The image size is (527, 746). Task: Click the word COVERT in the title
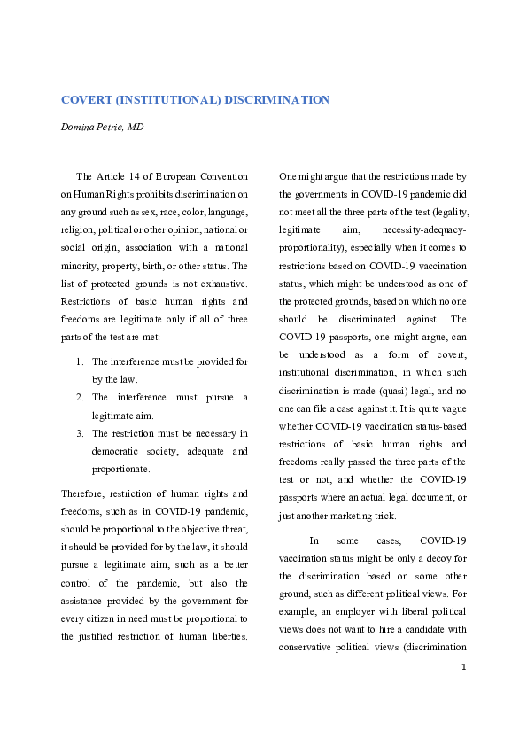(85, 100)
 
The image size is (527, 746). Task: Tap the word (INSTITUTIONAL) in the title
(167, 100)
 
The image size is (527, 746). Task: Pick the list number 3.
(79, 433)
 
